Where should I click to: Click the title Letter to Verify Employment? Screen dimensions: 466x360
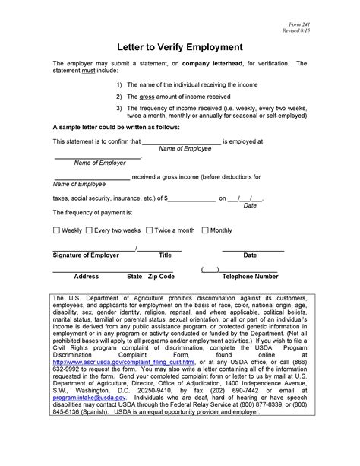pyautogui.click(x=179, y=46)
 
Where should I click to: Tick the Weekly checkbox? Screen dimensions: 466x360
pyautogui.click(x=56, y=230)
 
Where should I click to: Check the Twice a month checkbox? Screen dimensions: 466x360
pyautogui.click(x=149, y=230)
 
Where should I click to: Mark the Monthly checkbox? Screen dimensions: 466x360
pyautogui.click(x=204, y=230)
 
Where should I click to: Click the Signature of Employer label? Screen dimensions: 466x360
pyautogui.click(x=85, y=255)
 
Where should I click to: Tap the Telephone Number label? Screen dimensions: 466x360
pyautogui.click(x=250, y=277)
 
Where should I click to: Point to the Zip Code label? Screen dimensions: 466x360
pyautogui.click(x=161, y=277)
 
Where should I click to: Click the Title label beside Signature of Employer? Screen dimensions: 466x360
pyautogui.click(x=165, y=255)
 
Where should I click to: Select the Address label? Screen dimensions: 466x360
pyautogui.click(x=87, y=277)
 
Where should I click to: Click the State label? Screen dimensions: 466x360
pyautogui.click(x=134, y=277)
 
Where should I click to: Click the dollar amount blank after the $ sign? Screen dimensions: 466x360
pyautogui.click(x=191, y=197)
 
